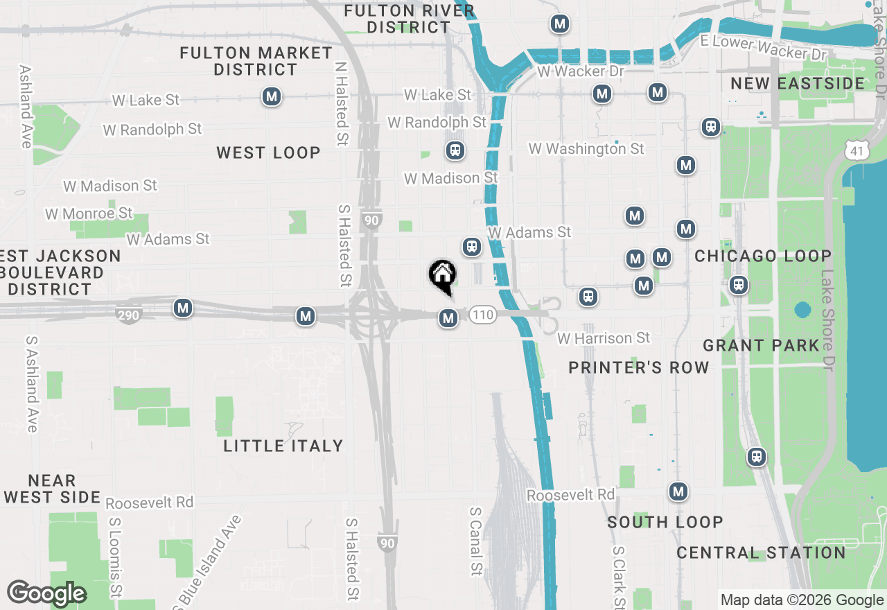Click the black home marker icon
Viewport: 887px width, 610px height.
pos(442,276)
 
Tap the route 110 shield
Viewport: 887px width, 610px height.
pos(482,315)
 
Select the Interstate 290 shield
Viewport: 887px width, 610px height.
pos(129,315)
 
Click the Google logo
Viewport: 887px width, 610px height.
pos(46,593)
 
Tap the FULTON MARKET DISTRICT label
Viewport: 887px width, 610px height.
pos(256,61)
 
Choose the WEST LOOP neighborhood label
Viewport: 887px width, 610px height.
pos(268,152)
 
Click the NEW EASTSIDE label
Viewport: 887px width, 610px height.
pos(798,83)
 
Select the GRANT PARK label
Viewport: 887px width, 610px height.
pos(762,345)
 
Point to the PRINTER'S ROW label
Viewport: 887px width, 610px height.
pos(639,367)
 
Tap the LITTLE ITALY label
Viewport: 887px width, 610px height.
pos(283,446)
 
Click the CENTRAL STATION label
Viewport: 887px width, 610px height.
pos(761,552)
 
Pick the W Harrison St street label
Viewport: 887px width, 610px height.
pos(604,338)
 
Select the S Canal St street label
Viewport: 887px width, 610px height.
pos(475,541)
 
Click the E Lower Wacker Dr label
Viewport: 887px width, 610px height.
pos(764,48)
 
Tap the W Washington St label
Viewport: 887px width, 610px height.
pos(586,148)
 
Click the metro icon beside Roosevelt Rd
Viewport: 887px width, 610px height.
pos(678,492)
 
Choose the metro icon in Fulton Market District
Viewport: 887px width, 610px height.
pos(272,96)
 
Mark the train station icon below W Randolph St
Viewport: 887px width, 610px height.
pos(455,150)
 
